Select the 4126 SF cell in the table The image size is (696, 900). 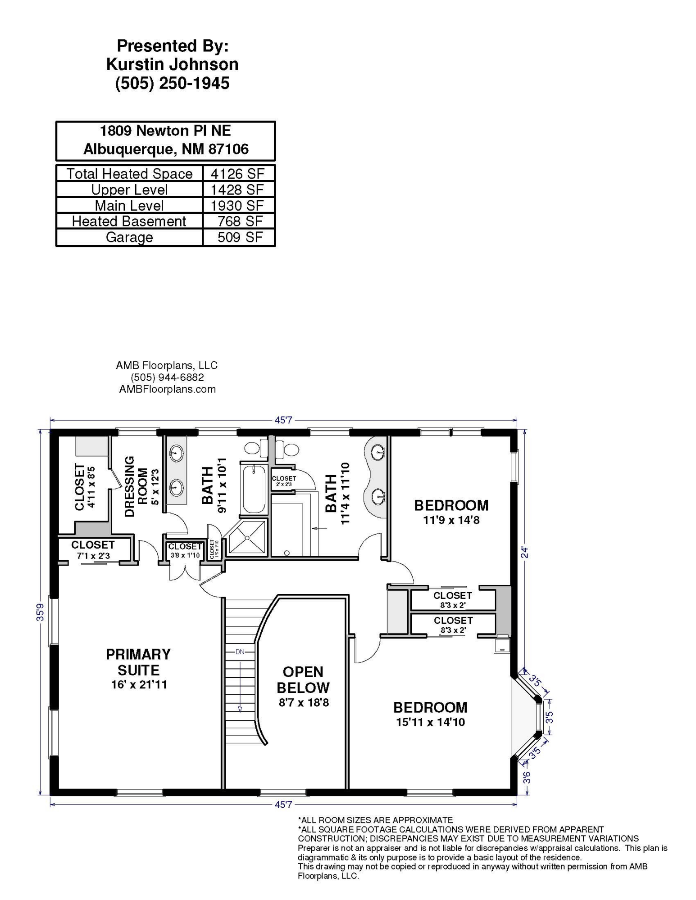[237, 174]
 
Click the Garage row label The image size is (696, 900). [129, 237]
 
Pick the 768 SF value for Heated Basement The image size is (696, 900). [240, 221]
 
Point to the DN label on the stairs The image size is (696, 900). [240, 652]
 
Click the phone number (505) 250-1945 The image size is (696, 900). [173, 83]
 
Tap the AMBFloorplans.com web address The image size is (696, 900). [167, 389]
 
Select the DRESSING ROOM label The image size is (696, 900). [136, 486]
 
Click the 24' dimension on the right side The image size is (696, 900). [524, 552]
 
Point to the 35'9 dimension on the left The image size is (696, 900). [41, 612]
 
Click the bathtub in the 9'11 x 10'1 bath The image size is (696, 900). [254, 489]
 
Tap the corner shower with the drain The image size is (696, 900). [247, 537]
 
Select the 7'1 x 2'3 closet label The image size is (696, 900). [93, 550]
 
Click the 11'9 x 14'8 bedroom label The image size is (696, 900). [451, 512]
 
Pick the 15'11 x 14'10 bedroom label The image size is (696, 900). [430, 714]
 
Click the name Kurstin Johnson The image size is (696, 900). [172, 64]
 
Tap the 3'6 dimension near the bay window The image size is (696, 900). [527, 777]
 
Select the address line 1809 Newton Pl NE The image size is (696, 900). [165, 131]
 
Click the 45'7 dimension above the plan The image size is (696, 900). [283, 420]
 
